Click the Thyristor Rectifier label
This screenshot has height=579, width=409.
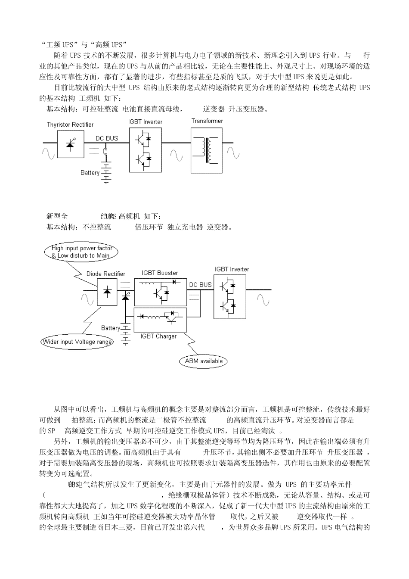70,125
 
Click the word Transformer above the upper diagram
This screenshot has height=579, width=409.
207,121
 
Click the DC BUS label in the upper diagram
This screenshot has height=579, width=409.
107,138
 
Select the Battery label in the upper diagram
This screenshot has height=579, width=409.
90,173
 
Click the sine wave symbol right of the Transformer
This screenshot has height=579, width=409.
233,153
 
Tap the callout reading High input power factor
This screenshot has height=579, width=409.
81,252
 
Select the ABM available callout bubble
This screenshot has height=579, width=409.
204,361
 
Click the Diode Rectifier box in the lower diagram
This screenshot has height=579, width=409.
107,292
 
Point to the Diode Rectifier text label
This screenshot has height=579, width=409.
106,274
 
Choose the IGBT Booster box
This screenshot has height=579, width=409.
161,292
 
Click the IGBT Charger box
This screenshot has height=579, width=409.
161,319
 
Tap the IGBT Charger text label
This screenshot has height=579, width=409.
158,336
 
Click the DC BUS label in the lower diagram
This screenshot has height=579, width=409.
200,285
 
